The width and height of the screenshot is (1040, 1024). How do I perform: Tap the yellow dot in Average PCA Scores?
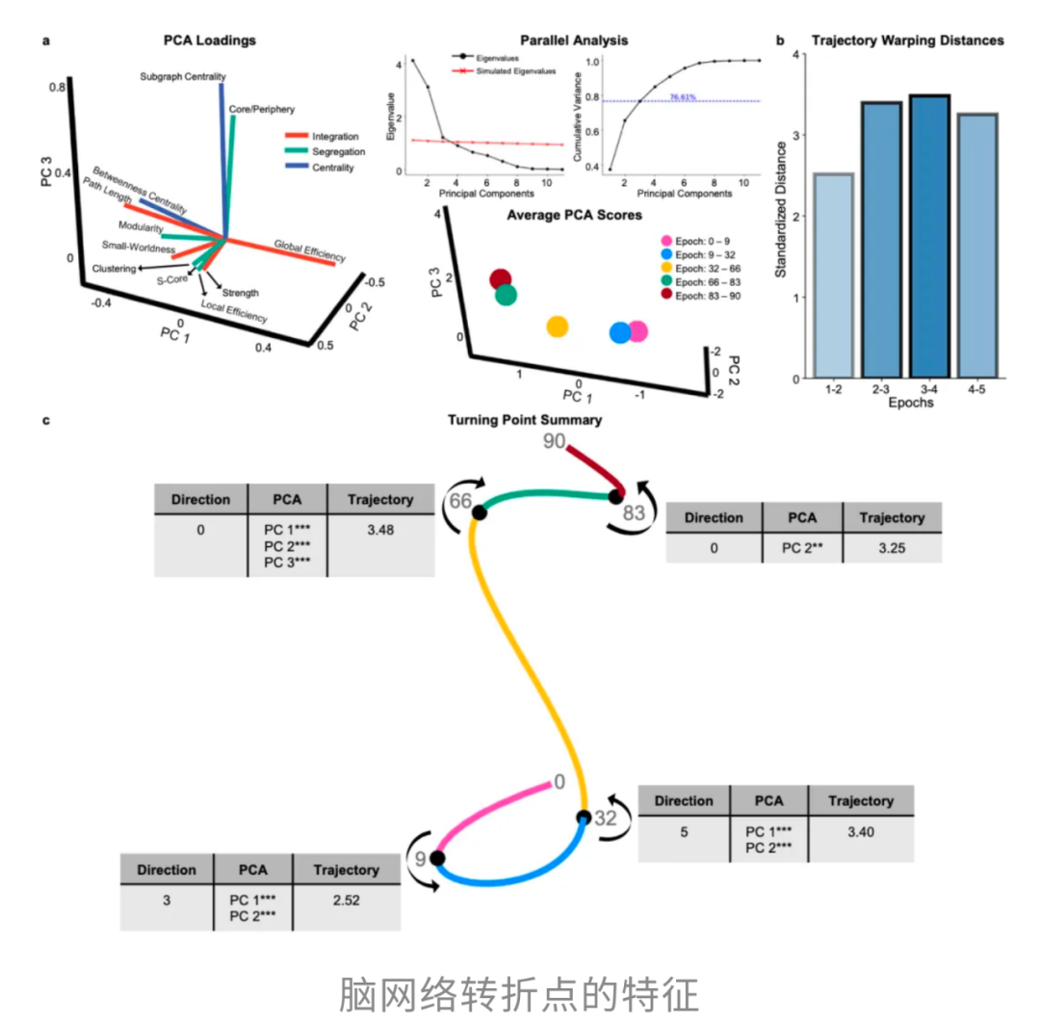pyautogui.click(x=557, y=327)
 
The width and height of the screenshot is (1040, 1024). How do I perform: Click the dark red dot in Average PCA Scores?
pyautogui.click(x=500, y=280)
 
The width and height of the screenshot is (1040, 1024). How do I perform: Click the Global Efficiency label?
pyautogui.click(x=309, y=249)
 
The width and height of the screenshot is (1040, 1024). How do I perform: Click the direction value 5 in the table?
pyautogui.click(x=684, y=829)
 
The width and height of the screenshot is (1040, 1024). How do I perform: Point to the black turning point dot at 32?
pyautogui.click(x=584, y=818)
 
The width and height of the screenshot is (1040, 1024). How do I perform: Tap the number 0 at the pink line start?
pyautogui.click(x=559, y=782)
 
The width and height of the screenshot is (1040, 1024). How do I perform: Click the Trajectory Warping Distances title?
pyautogui.click(x=906, y=40)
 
